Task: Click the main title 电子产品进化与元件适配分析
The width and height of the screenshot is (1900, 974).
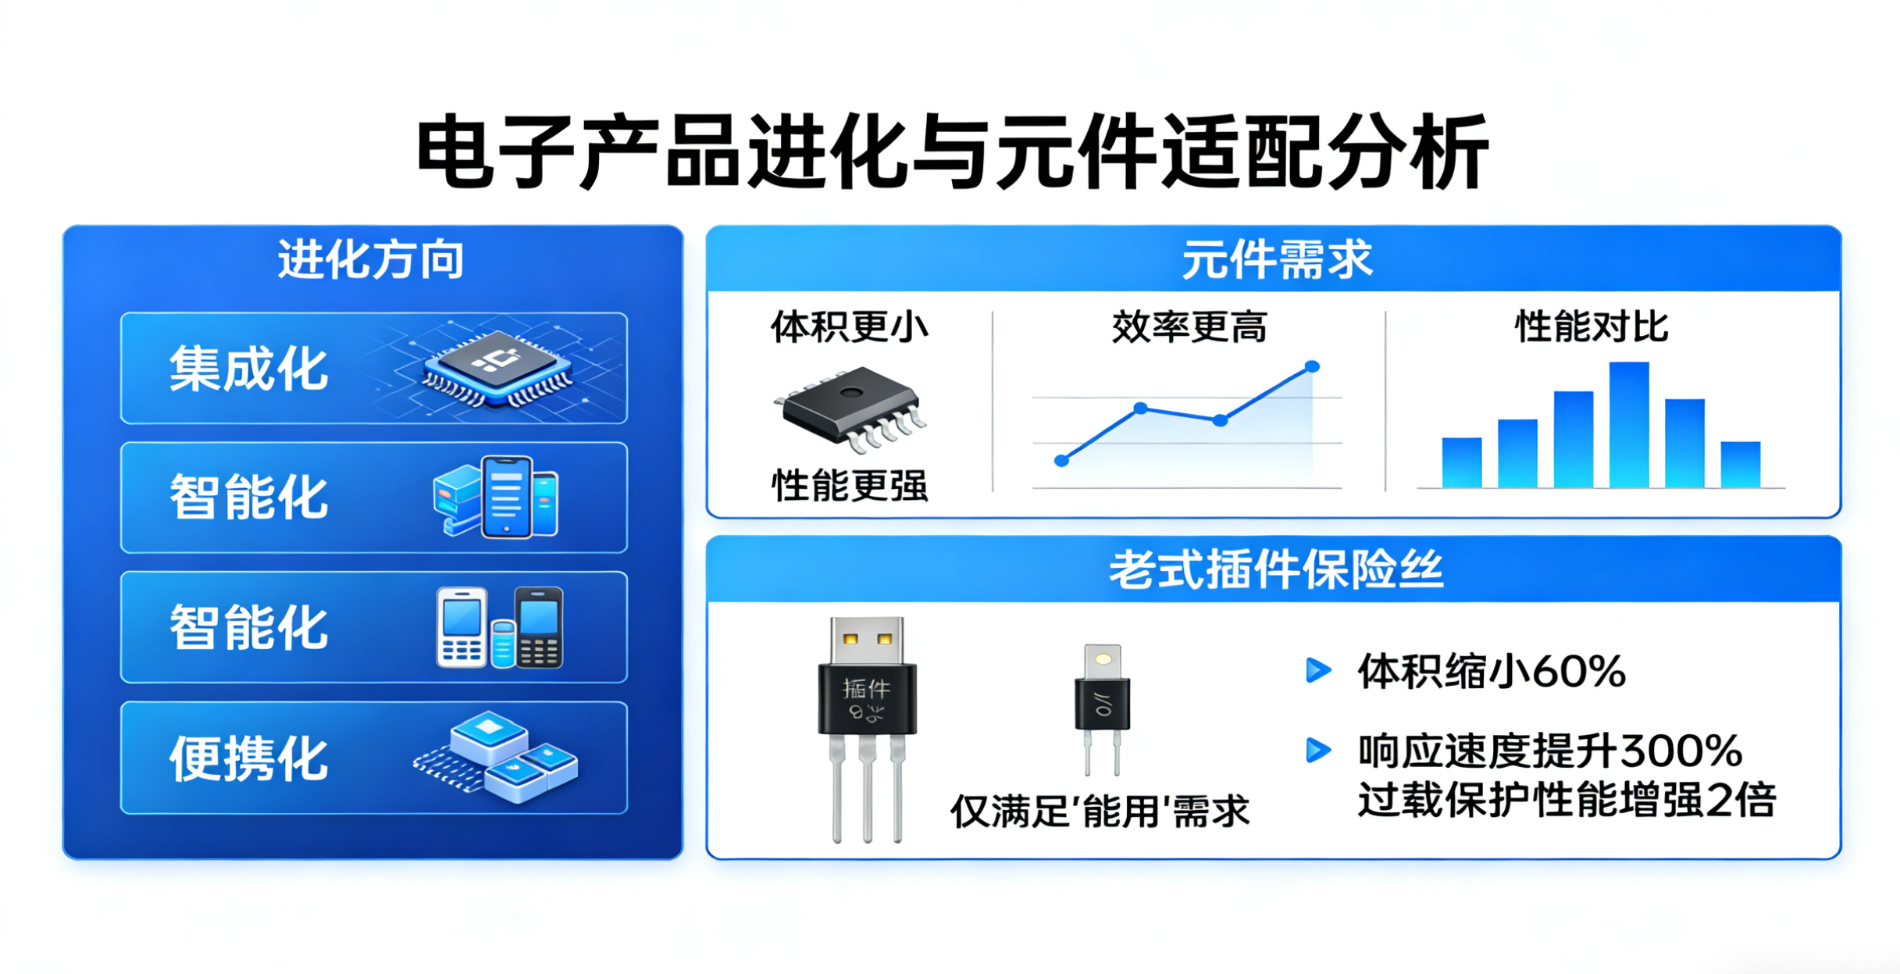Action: [x=952, y=152]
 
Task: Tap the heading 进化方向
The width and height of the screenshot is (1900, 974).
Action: [x=372, y=260]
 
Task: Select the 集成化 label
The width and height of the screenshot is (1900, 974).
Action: [x=249, y=369]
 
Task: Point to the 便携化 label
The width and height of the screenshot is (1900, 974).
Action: [x=249, y=758]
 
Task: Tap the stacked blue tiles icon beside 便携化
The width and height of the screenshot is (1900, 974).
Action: [x=497, y=756]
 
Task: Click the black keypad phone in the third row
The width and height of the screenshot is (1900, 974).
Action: [x=539, y=627]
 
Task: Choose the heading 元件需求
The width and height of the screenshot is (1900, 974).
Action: [x=1277, y=260]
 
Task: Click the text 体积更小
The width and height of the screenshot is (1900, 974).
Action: [x=850, y=326]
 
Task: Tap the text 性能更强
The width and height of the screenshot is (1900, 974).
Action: [x=850, y=485]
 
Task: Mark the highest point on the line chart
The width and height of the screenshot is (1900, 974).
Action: [x=1313, y=366]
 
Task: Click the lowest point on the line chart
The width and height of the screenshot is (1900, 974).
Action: [x=1061, y=461]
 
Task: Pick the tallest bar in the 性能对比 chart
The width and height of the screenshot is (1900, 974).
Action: [x=1629, y=425]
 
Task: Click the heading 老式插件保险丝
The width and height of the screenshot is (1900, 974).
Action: [x=1276, y=569]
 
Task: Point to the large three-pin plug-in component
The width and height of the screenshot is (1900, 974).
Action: [x=867, y=730]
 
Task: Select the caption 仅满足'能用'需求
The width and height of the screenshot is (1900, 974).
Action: [x=1100, y=812]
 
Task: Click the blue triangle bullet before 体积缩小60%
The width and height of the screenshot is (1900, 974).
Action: [x=1318, y=670]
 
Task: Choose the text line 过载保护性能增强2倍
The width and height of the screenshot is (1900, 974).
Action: [x=1567, y=800]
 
